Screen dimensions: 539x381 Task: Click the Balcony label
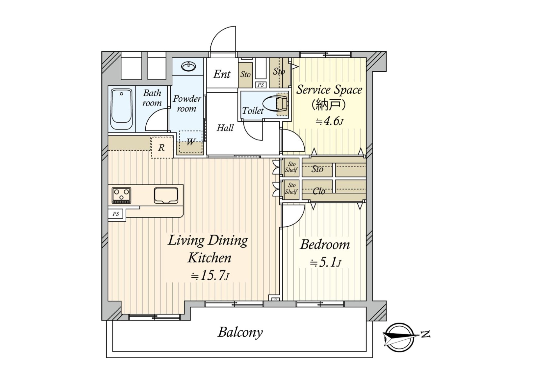click(240, 332)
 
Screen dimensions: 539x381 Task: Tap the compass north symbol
click(399, 337)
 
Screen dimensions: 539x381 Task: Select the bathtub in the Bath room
click(122, 109)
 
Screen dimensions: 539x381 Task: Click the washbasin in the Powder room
click(188, 67)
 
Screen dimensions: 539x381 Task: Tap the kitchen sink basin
click(166, 195)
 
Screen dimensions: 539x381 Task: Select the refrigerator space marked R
click(162, 148)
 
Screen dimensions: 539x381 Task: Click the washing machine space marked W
click(191, 142)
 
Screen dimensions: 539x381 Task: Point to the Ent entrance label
click(222, 74)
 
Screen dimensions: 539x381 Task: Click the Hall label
click(225, 128)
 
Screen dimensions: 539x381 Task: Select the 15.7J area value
click(210, 276)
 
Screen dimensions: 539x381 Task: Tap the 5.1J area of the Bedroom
click(325, 263)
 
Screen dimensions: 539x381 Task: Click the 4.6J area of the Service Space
click(329, 121)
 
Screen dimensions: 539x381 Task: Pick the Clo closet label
click(319, 191)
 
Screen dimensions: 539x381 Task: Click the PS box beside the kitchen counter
click(116, 214)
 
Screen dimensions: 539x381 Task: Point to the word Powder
click(187, 99)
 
